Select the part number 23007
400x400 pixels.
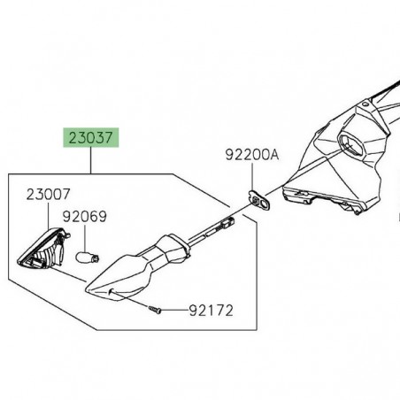coord(44,193)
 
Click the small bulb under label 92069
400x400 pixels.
coord(88,258)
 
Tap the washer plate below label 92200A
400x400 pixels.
coord(257,201)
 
